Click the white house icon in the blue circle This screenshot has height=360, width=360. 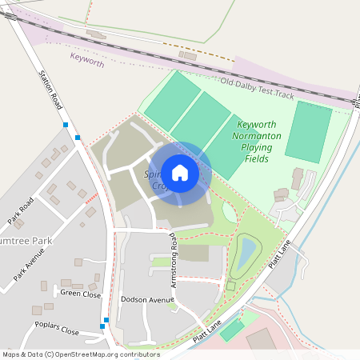tap(180, 173)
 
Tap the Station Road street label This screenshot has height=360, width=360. tap(50, 89)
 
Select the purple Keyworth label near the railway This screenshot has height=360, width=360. tap(87, 58)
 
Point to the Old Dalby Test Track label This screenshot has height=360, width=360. tap(258, 87)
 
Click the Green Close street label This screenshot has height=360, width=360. tap(81, 294)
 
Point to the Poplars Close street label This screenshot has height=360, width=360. tap(57, 328)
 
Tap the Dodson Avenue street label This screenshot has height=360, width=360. tap(147, 299)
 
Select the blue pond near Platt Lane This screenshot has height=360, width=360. tap(247, 254)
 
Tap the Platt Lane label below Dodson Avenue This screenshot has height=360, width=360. tap(206, 329)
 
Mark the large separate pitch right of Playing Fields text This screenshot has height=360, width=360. tap(308, 132)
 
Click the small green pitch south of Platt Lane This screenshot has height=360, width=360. tap(231, 330)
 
